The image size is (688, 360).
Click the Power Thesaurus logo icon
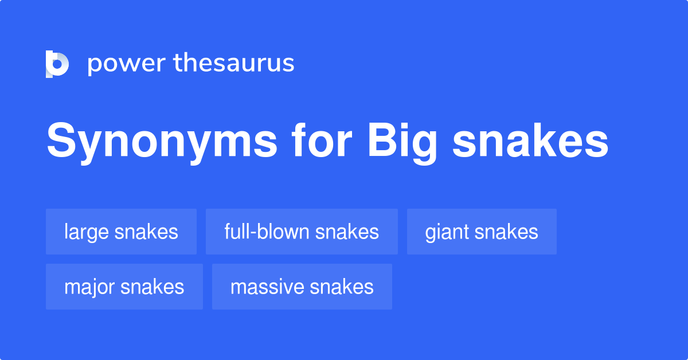click(x=57, y=64)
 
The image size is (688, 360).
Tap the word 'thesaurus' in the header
click(x=234, y=63)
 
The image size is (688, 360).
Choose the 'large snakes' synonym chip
click(x=121, y=232)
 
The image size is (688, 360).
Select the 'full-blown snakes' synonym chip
click(x=302, y=232)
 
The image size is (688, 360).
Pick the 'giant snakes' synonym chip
click(x=482, y=232)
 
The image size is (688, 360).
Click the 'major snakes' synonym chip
click(x=124, y=287)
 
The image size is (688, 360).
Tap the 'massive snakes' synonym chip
click(x=302, y=287)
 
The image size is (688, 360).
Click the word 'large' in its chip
click(x=87, y=232)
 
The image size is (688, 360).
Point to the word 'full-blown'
click(x=267, y=232)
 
